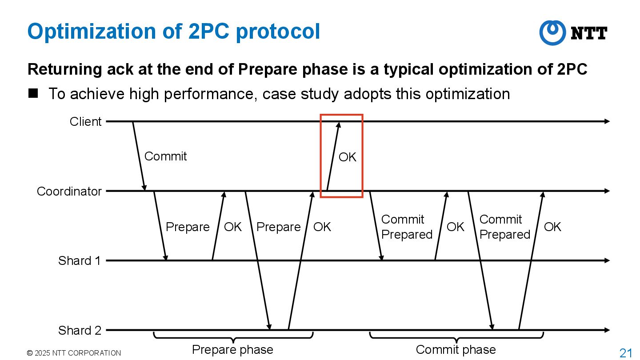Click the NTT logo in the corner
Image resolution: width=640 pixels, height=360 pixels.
click(x=573, y=33)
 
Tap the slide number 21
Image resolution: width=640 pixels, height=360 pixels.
click(x=625, y=353)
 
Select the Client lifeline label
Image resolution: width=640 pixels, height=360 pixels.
click(x=85, y=121)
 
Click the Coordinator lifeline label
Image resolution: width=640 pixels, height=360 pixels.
click(x=69, y=191)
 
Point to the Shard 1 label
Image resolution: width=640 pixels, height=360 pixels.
click(x=79, y=260)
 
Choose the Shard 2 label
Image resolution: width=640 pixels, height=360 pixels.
click(x=79, y=330)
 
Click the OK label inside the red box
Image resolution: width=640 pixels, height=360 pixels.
click(x=347, y=157)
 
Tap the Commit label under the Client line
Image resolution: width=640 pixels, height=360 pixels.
click(x=165, y=156)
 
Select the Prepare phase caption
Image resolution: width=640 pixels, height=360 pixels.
click(x=232, y=350)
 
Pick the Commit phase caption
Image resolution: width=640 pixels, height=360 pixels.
click(x=456, y=350)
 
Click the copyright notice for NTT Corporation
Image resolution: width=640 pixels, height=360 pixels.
click(x=74, y=353)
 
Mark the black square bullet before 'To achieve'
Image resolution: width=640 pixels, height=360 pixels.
click(x=33, y=93)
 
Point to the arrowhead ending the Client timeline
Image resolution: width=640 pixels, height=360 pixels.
click(x=607, y=121)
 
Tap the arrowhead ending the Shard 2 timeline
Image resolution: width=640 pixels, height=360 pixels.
click(x=607, y=330)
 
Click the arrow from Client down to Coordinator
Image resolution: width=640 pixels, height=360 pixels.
click(x=139, y=156)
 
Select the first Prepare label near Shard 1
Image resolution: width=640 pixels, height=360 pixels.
click(x=187, y=227)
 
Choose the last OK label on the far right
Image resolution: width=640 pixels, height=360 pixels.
click(x=552, y=227)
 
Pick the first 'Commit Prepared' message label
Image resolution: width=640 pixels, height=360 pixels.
click(x=407, y=227)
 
